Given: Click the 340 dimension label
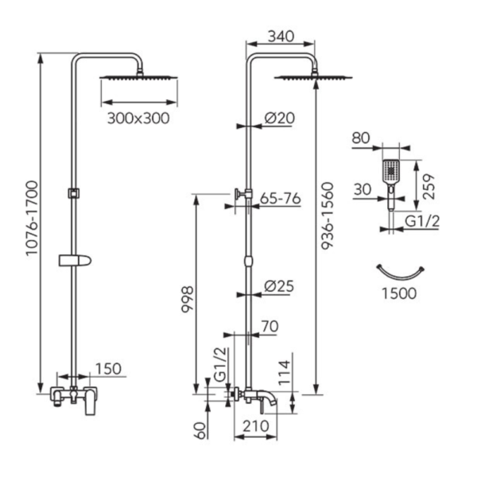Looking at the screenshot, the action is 281,37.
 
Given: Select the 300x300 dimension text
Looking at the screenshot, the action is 138,118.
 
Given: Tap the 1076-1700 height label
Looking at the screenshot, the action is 33,219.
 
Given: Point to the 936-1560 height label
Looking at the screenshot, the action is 328,216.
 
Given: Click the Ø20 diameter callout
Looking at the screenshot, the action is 279,118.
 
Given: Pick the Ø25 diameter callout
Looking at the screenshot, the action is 279,286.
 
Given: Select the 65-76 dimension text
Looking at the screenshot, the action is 280,199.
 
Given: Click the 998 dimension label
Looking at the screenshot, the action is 188,300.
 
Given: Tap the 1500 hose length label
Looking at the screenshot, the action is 399,294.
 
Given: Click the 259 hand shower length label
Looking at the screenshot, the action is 429,187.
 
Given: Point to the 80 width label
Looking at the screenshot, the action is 361,138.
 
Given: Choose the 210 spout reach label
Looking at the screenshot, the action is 255,426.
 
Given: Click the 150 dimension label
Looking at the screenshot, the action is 108,369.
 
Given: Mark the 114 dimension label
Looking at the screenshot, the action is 285,373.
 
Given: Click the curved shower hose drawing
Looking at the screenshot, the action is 400,272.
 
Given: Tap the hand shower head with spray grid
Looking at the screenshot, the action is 390,172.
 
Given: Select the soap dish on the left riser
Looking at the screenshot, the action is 75,261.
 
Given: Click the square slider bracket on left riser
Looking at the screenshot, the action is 74,193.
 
